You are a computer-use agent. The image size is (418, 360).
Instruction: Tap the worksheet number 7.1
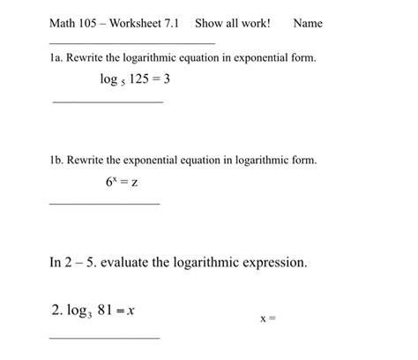click(170, 23)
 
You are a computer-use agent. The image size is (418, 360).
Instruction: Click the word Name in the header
click(309, 23)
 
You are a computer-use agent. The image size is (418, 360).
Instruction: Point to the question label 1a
click(56, 57)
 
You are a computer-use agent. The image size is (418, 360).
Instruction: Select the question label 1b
click(56, 161)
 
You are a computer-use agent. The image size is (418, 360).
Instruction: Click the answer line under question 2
click(105, 337)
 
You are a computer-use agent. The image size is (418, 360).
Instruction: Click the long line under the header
click(131, 42)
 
